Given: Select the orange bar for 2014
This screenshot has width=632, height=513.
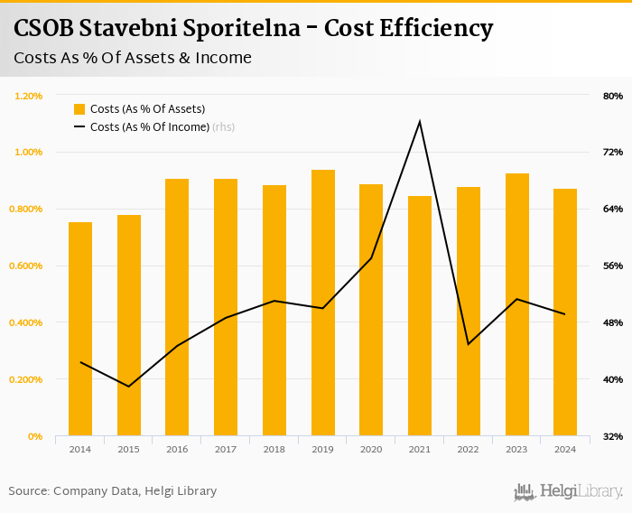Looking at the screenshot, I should coord(80,329).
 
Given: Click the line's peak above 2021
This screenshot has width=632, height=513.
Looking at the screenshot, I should coord(420,121).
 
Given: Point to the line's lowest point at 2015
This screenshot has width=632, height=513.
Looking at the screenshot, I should coord(128,387).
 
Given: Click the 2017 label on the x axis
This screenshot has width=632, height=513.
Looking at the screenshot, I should coord(225,449).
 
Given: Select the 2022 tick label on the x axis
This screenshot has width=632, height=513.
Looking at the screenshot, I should coord(468,449).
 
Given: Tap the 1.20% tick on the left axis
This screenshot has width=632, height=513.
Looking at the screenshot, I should coord(28,96).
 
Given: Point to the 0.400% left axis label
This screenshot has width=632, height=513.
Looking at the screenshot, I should coord(26,322).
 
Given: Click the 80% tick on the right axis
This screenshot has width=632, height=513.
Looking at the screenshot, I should coord(612,96).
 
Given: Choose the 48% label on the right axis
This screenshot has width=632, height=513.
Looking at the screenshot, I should coord(612,322).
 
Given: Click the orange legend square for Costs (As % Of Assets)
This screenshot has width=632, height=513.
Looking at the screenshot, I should coord(79,109).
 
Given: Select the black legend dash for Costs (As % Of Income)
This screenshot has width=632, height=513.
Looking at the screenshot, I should coord(79,127).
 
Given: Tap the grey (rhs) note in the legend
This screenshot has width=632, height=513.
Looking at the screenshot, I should coord(223,127).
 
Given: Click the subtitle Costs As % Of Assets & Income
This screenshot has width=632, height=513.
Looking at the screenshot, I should coord(133,58).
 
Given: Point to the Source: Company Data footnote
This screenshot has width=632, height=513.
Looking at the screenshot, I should coord(113,490).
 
